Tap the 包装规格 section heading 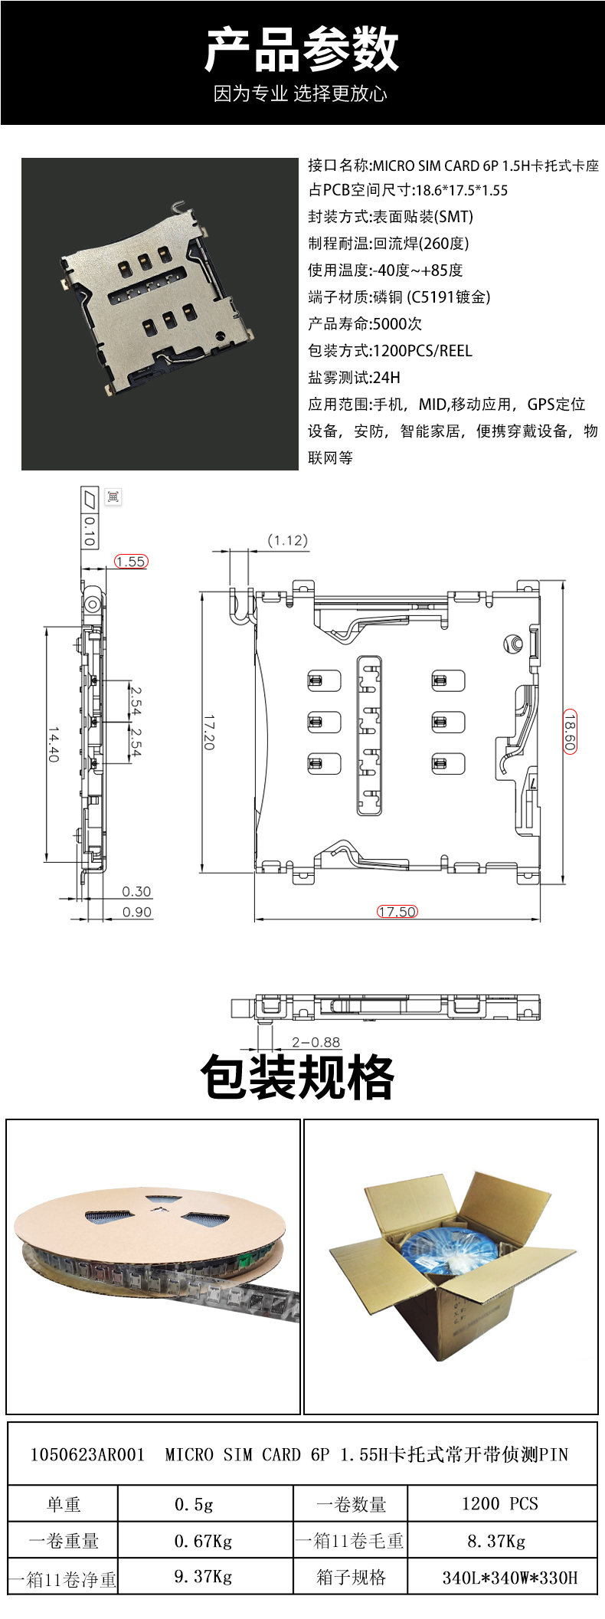[297, 1077]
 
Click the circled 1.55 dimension [131, 561]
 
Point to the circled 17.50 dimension [397, 911]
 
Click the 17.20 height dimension [209, 732]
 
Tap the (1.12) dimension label [288, 540]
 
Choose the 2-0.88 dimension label [316, 1042]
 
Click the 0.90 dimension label [137, 912]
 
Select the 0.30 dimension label [137, 891]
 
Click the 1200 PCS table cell [502, 1504]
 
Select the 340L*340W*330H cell [502, 1578]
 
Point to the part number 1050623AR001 [87, 1455]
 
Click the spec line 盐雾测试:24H [354, 377]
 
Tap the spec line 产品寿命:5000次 [365, 323]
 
